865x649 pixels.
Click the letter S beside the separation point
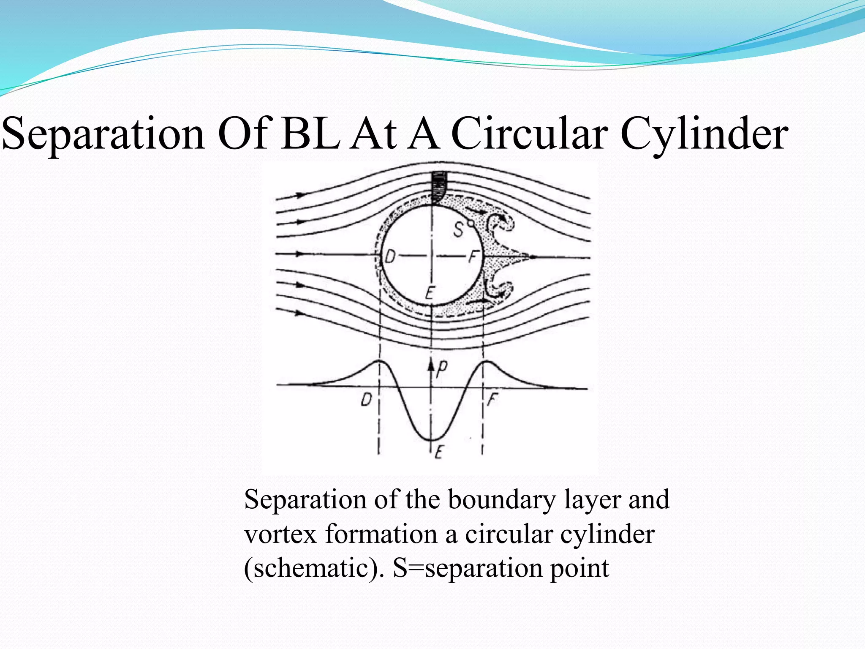[459, 231]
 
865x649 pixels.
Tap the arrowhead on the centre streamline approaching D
[300, 254]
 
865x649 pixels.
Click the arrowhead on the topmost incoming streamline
[301, 195]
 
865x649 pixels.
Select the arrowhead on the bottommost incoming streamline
[300, 313]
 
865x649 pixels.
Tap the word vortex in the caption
[280, 534]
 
